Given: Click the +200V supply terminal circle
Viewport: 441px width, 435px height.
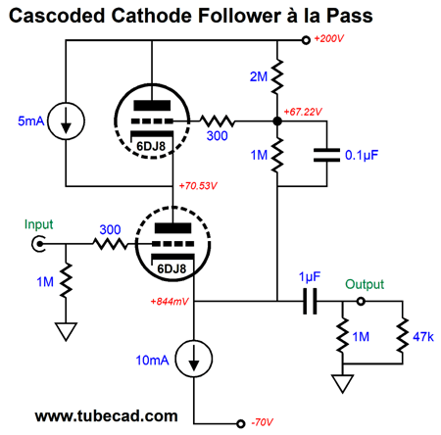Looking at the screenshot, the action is point(306,40).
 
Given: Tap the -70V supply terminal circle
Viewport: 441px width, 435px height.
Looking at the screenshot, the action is point(240,423).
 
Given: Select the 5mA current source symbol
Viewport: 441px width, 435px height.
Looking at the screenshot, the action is point(66,121).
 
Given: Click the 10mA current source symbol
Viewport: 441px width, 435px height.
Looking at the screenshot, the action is point(194,359).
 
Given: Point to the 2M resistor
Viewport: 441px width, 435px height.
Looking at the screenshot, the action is point(277,76).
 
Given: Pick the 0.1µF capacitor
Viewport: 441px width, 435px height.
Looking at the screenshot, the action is point(326,155).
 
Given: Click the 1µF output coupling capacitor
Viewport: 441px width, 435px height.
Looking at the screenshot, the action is point(310,301).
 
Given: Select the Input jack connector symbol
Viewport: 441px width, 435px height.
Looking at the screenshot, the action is point(38,244).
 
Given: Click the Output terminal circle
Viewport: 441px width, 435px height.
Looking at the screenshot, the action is point(361,301).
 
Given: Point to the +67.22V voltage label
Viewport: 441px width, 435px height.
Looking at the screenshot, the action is point(303,112).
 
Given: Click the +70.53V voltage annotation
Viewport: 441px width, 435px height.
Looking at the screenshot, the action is point(198,186).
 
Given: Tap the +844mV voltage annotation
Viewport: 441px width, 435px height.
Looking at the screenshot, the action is point(170,301).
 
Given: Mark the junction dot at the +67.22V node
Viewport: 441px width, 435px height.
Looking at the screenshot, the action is point(277,121).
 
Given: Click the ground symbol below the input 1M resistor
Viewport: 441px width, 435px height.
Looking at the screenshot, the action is point(66,331).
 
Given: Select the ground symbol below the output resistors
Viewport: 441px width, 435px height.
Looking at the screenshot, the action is point(342,383).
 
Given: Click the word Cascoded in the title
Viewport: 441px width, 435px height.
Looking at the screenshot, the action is point(57,16).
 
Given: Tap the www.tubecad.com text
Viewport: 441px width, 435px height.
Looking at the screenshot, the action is point(107,416).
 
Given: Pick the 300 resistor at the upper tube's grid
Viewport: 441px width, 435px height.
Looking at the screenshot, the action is point(217,121).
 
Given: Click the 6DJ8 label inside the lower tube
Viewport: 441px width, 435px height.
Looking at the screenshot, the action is point(171,268).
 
